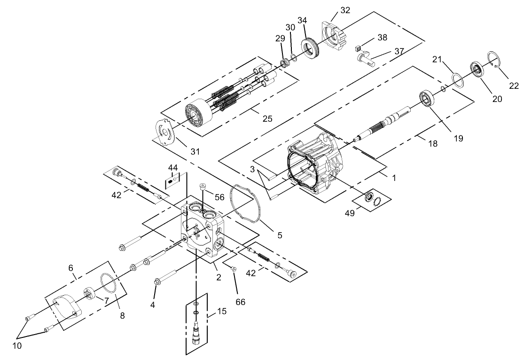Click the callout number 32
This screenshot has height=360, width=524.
(x=345, y=10)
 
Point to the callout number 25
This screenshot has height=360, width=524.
(x=267, y=119)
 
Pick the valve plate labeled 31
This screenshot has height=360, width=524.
(x=165, y=133)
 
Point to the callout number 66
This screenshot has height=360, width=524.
(x=241, y=302)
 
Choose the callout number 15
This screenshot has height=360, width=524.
(x=221, y=311)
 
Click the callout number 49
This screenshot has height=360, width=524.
(x=350, y=213)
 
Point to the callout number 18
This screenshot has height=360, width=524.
(x=432, y=144)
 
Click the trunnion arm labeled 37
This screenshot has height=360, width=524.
(x=369, y=60)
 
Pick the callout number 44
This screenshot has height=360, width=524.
(x=173, y=167)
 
